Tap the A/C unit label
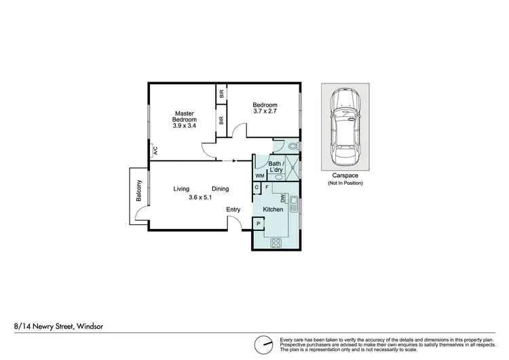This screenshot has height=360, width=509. [155, 151]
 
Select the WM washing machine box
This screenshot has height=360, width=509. [260, 175]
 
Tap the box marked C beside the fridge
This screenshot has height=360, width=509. [257, 187]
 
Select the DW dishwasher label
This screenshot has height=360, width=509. [283, 198]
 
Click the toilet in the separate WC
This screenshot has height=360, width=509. [290, 145]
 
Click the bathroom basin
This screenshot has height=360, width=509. [279, 177]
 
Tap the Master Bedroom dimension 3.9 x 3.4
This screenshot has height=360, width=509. [185, 126]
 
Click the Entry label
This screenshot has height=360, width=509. [234, 210]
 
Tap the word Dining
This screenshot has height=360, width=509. [220, 189]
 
